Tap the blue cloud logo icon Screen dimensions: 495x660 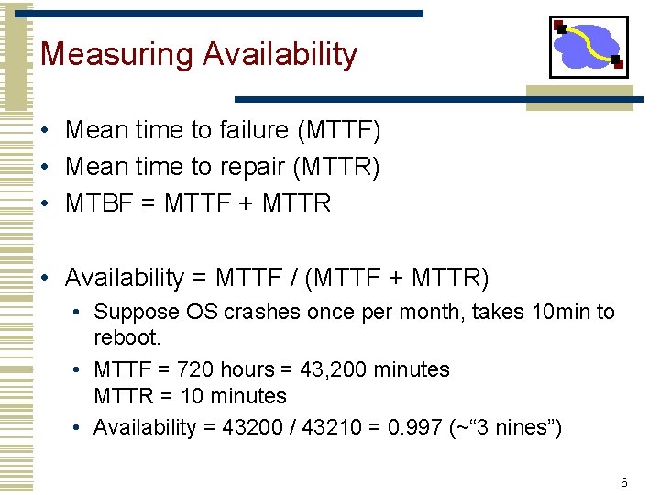pyautogui.click(x=588, y=47)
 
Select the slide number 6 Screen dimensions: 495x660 pyautogui.click(x=623, y=482)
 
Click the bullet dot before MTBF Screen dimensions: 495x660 pyautogui.click(x=44, y=203)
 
